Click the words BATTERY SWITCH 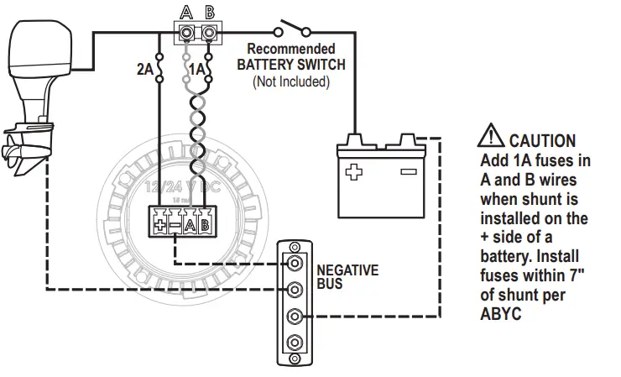point(291,64)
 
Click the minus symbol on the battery point(408,172)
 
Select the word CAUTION point(542,141)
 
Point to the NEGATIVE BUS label point(347,277)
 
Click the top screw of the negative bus point(294,262)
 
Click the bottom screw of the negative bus point(294,343)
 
